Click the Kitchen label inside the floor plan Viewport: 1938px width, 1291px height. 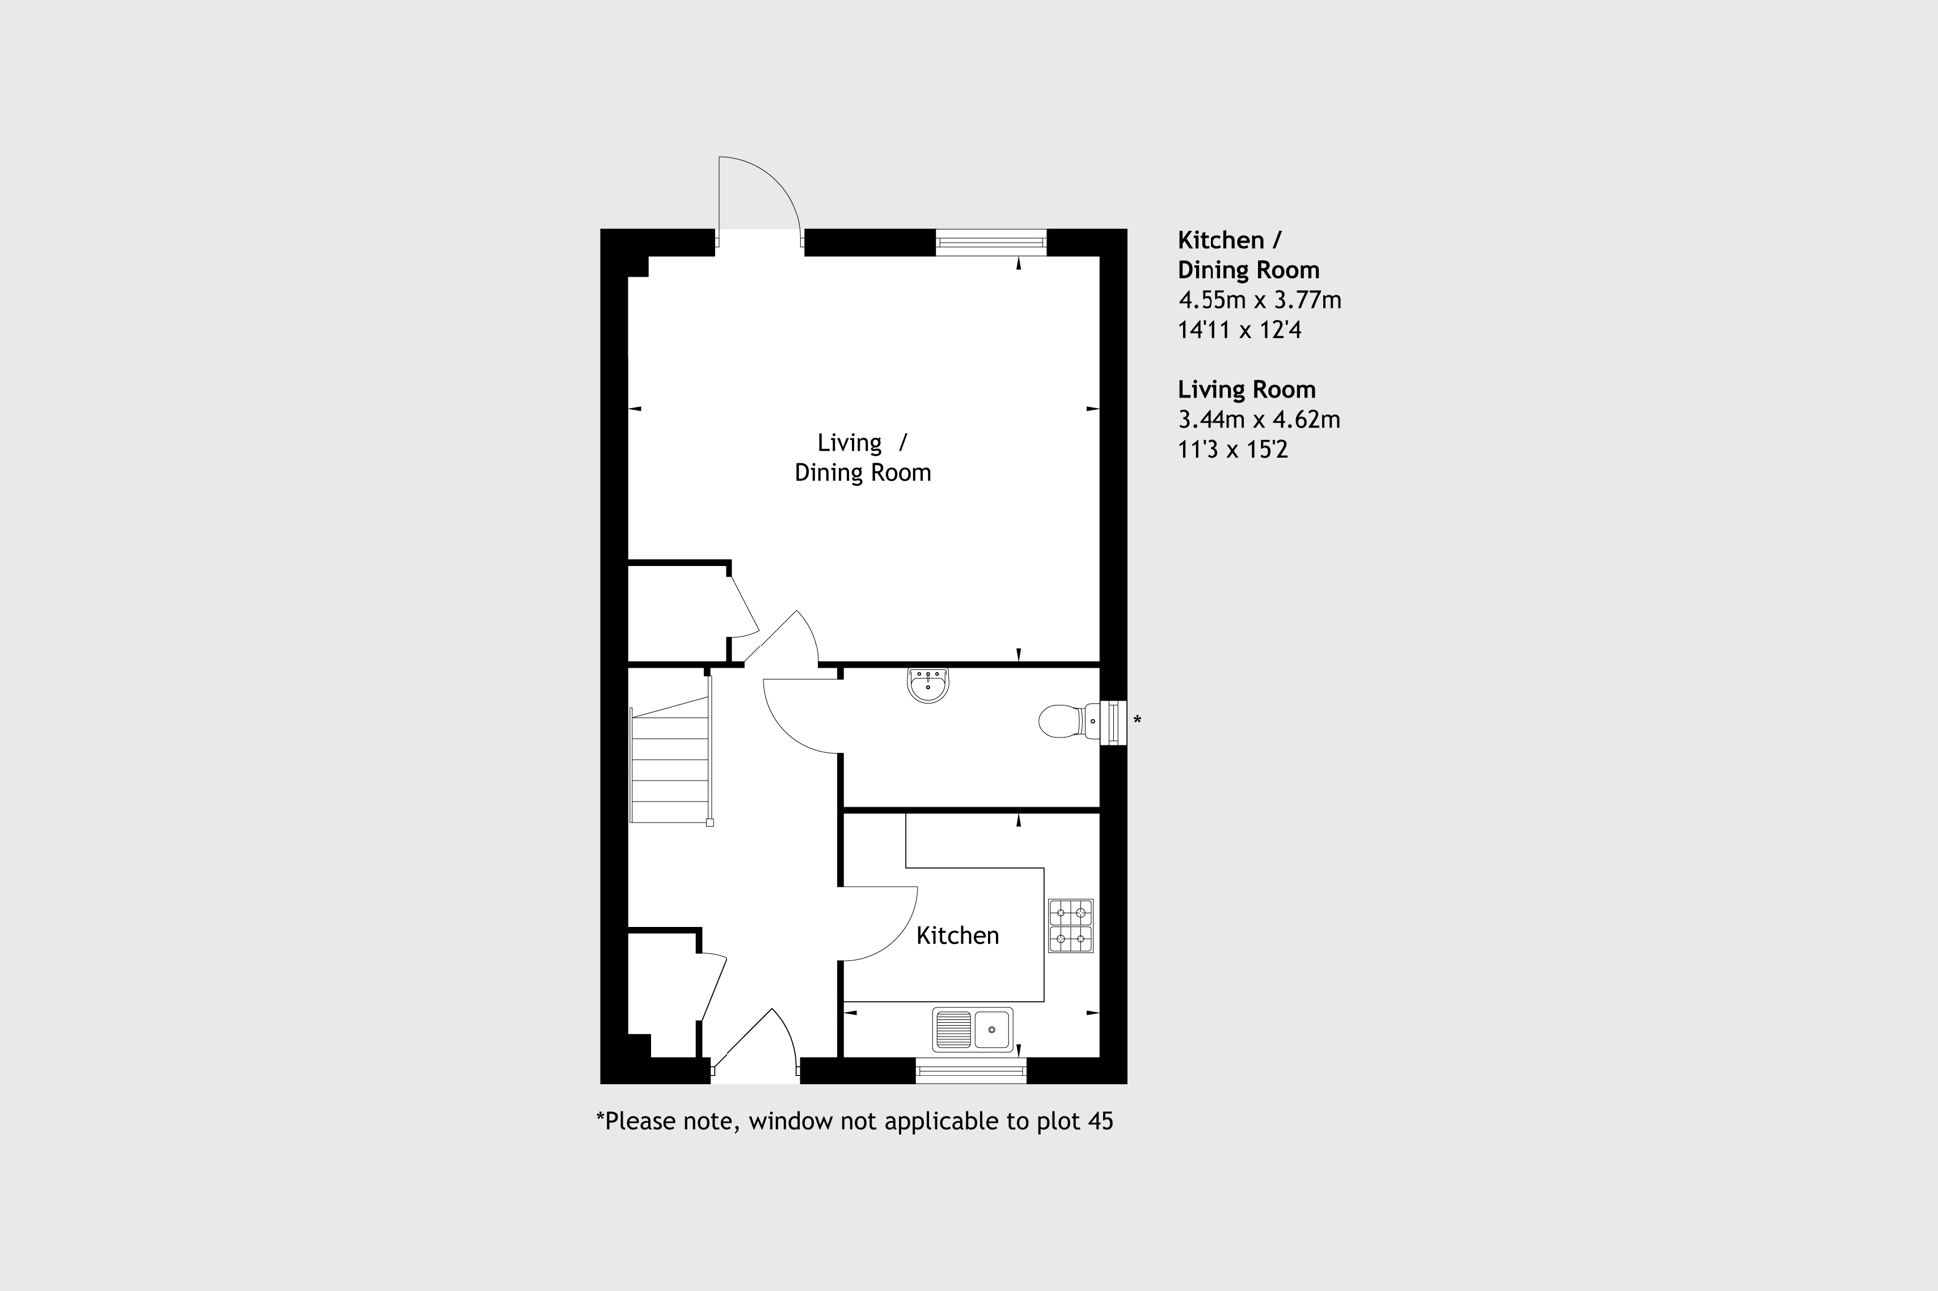(x=957, y=935)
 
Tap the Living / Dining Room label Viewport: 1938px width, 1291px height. (x=862, y=457)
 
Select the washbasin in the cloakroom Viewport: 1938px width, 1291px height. (x=928, y=685)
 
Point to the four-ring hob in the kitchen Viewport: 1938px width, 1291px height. (x=1070, y=926)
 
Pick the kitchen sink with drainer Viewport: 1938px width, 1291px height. (x=972, y=1029)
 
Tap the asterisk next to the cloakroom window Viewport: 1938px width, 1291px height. (x=1137, y=720)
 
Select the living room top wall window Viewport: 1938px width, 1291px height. (x=991, y=242)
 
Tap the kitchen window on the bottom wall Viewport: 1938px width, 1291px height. (x=971, y=1072)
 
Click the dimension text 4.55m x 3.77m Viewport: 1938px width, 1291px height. (x=1259, y=300)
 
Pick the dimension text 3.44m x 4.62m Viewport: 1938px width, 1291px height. (x=1258, y=420)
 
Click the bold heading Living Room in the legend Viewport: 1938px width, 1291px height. (x=1246, y=390)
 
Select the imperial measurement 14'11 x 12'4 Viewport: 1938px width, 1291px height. (x=1239, y=330)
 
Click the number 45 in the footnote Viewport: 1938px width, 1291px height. (x=1100, y=1121)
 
